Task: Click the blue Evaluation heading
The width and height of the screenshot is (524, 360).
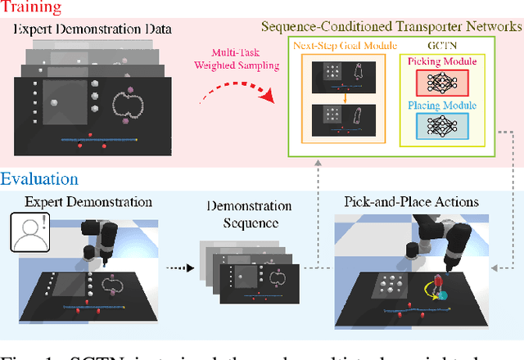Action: [x=38, y=179]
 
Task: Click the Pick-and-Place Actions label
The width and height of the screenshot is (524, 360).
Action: [x=413, y=200]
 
